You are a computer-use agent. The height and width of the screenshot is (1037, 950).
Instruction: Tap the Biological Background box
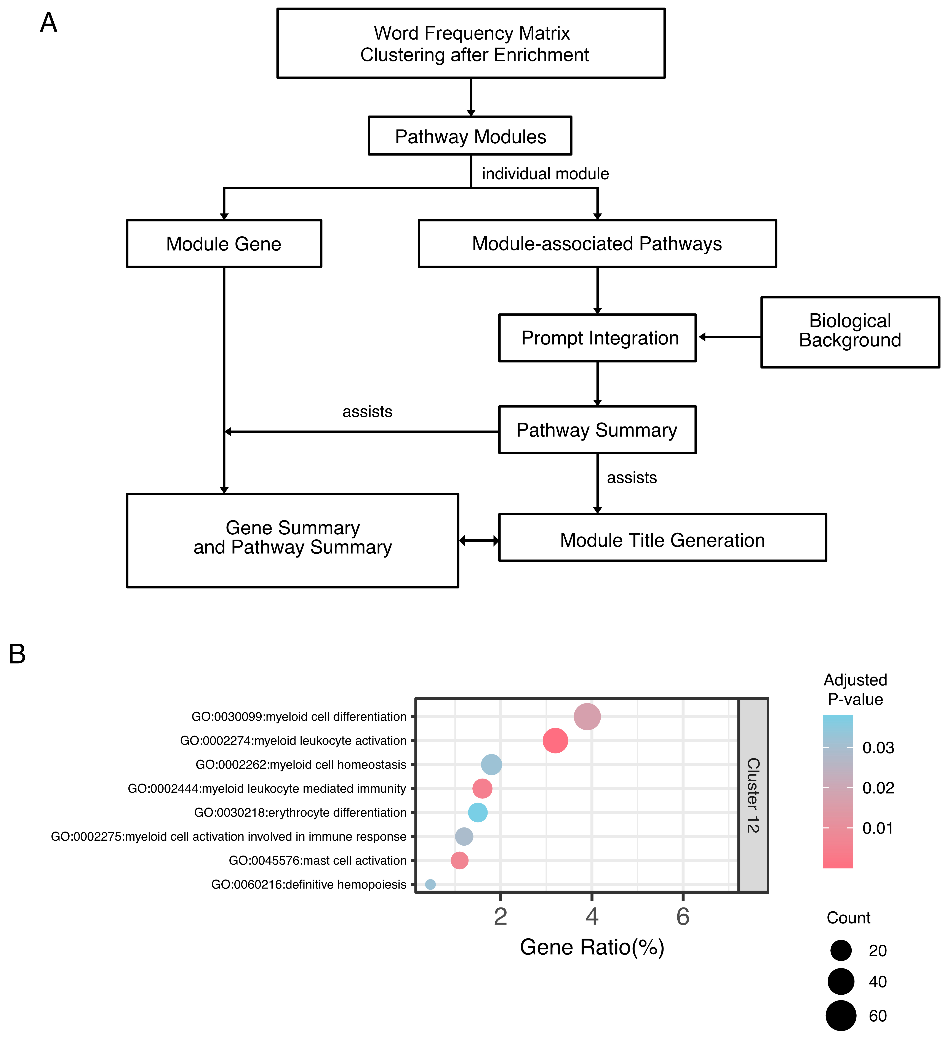pyautogui.click(x=850, y=332)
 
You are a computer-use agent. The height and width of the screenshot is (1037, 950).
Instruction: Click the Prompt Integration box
pyautogui.click(x=597, y=338)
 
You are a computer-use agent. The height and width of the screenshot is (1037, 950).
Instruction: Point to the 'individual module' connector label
pyautogui.click(x=545, y=174)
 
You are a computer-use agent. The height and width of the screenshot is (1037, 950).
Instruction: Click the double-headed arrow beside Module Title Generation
pyautogui.click(x=478, y=541)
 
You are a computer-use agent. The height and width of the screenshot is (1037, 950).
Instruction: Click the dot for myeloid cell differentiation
pyautogui.click(x=587, y=716)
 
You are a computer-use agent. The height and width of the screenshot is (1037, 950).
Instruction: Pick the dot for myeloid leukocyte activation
pyautogui.click(x=555, y=741)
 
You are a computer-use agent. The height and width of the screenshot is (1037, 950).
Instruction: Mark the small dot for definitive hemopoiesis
pyautogui.click(x=430, y=884)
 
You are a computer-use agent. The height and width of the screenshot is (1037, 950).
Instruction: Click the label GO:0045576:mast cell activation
pyautogui.click(x=317, y=861)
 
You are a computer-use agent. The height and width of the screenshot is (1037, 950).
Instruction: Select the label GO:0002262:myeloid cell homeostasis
pyautogui.click(x=301, y=765)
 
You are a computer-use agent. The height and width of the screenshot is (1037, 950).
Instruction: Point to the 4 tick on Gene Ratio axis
pyautogui.click(x=592, y=917)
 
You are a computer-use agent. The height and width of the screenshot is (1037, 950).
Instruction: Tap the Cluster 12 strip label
pyautogui.click(x=753, y=795)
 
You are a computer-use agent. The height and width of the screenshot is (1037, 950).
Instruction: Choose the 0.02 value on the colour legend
pyautogui.click(x=878, y=788)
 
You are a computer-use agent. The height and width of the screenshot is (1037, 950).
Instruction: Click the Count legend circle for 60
pyautogui.click(x=841, y=1016)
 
